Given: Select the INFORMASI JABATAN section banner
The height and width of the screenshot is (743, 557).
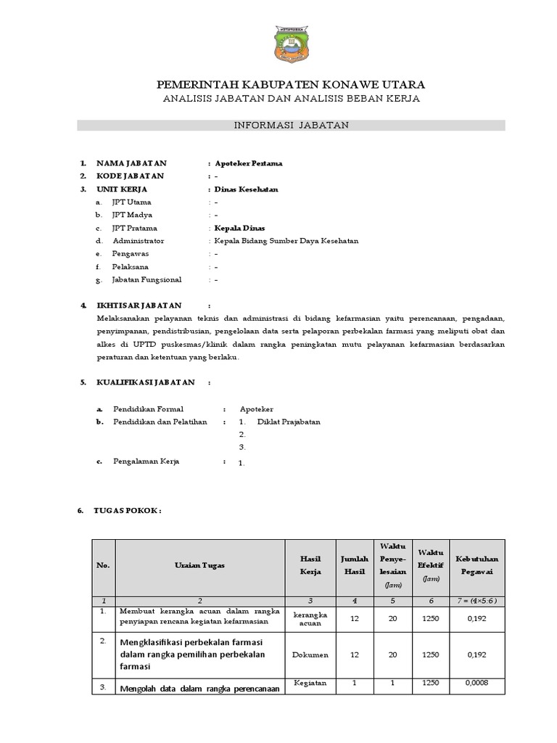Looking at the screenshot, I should [x=291, y=125].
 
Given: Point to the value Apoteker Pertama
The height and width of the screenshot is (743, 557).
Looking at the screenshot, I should [x=244, y=163].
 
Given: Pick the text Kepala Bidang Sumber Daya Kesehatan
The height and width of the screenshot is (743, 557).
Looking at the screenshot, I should [x=286, y=241].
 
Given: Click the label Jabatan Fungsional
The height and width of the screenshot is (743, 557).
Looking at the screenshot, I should [x=147, y=279].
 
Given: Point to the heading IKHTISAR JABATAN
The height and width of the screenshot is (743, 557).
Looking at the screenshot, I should [x=139, y=305].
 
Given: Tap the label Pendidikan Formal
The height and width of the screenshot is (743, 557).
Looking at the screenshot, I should [x=148, y=409].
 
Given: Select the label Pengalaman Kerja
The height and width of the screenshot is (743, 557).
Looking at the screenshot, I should [x=146, y=461].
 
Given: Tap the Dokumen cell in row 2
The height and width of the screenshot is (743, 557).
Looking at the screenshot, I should [x=310, y=654].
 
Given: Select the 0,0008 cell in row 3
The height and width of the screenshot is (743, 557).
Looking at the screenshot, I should [x=476, y=683].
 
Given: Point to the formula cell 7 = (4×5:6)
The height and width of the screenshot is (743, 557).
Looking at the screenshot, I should [x=476, y=601].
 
